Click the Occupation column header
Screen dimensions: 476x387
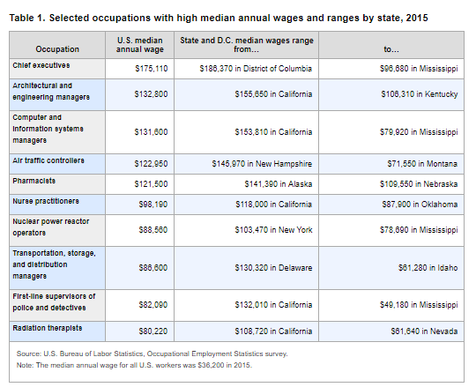pyautogui.click(x=57, y=49)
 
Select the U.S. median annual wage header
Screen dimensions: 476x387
pyautogui.click(x=140, y=45)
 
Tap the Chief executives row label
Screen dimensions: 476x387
pyautogui.click(x=41, y=65)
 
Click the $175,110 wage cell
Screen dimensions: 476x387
pyautogui.click(x=152, y=69)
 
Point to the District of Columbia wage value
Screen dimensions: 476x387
pyautogui.click(x=256, y=69)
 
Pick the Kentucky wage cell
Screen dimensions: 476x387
pyautogui.click(x=420, y=94)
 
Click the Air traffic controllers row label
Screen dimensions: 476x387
pyautogui.click(x=48, y=160)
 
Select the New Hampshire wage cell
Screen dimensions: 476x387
pyautogui.click(x=262, y=164)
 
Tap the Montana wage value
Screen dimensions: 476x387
pyautogui.click(x=422, y=164)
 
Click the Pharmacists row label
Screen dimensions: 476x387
pyautogui.click(x=34, y=181)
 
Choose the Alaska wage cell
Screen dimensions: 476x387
pyautogui.click(x=279, y=184)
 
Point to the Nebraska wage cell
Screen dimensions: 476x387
pyautogui.click(x=419, y=184)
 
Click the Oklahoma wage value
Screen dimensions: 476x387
pyautogui.click(x=420, y=205)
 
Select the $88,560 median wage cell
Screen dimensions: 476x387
pyautogui.click(x=153, y=230)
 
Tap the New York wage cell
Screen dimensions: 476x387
pyautogui.click(x=273, y=230)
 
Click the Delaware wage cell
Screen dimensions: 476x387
pyautogui.click(x=273, y=268)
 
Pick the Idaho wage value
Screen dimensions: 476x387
pyautogui.click(x=428, y=268)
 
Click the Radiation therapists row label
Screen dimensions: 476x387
pyautogui.click(x=48, y=328)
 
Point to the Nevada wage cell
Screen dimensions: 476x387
pyautogui.click(x=424, y=331)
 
